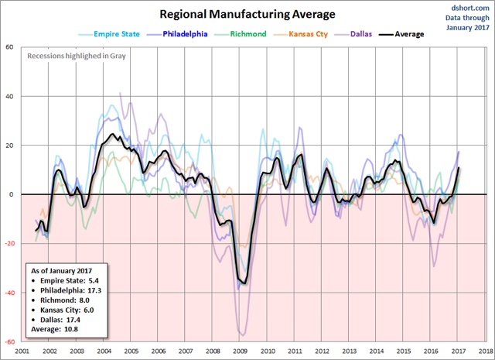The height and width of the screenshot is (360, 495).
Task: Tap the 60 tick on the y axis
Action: tap(11, 47)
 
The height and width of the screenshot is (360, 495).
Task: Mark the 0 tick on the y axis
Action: tap(12, 195)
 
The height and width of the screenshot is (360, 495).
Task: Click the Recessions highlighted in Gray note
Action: tap(76, 56)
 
